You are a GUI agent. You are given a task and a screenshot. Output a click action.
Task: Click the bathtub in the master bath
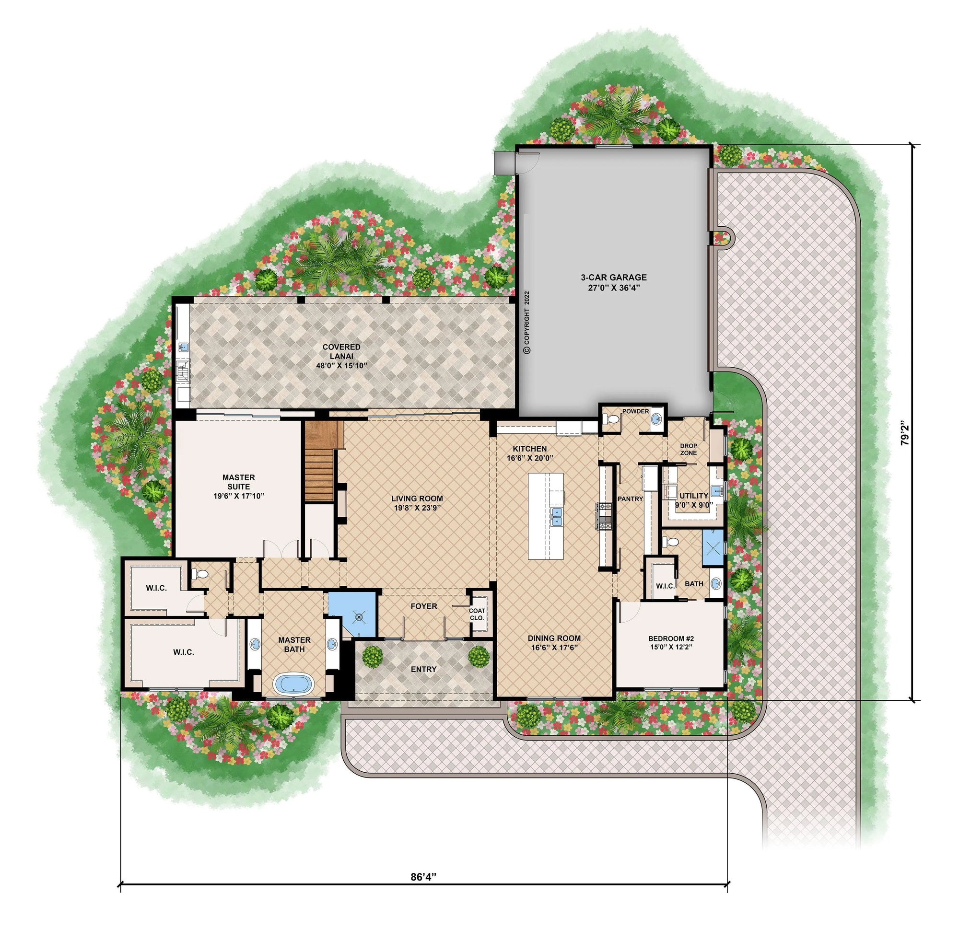[293, 684]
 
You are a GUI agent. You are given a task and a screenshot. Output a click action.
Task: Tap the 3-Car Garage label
[614, 282]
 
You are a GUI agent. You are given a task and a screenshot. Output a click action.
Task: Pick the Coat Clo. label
[477, 614]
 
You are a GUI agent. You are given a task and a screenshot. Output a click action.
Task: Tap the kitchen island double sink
[556, 517]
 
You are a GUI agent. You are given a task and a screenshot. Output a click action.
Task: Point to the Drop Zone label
[689, 449]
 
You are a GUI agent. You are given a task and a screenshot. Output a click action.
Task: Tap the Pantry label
[630, 499]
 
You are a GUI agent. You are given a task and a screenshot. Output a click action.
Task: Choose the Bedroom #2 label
[671, 642]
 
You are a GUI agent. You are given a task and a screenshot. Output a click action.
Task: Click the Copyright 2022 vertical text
[526, 323]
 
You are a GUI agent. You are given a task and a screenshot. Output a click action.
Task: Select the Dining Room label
[554, 642]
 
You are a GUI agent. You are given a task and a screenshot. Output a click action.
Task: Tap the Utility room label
[693, 500]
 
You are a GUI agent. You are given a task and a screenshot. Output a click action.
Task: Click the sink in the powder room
[656, 419]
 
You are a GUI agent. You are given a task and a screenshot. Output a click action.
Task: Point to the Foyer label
[424, 606]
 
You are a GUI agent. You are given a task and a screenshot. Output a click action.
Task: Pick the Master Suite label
[238, 486]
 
